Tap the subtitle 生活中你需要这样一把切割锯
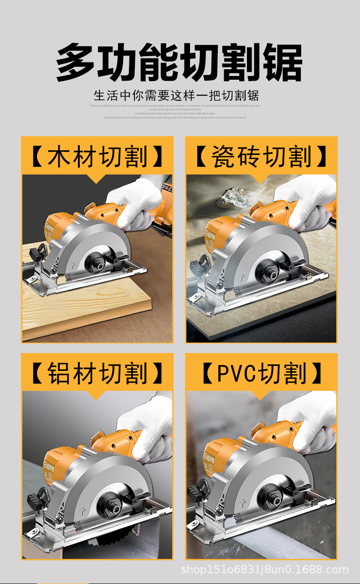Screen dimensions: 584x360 (176, 96)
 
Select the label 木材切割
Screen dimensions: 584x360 (97, 157)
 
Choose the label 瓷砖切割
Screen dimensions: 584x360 (261, 157)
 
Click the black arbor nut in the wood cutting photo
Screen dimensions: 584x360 (100, 258)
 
